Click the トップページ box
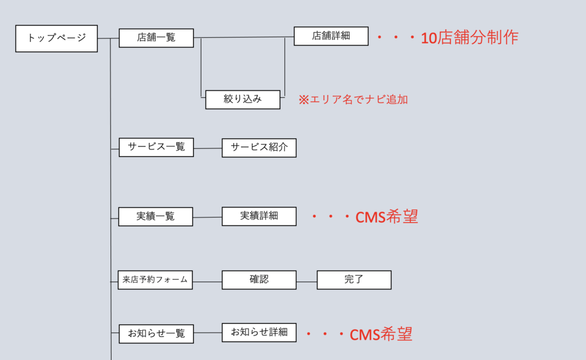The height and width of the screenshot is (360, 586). [x=57, y=38]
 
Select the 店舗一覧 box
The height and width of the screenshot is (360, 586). [x=156, y=38]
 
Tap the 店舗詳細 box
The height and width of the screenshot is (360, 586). [x=331, y=36]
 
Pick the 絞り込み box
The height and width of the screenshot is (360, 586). [x=243, y=99]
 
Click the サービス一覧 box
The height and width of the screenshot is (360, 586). [x=156, y=147]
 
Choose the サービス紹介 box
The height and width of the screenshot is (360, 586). [x=259, y=148]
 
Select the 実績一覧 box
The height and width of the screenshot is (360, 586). [x=156, y=216]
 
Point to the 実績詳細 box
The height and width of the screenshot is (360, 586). [x=259, y=216]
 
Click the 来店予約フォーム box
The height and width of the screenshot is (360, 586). [x=155, y=280]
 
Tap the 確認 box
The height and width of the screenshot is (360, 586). [x=259, y=280]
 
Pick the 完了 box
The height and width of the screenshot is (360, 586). [x=354, y=280]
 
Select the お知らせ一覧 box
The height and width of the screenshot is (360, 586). [x=156, y=334]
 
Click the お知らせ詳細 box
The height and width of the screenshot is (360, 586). [x=259, y=332]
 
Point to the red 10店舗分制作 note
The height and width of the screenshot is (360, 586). [x=469, y=38]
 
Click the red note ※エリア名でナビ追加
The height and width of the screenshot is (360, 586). [x=353, y=99]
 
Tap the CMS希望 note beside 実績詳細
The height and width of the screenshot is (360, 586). [x=386, y=217]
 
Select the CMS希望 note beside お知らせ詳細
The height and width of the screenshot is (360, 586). [x=381, y=334]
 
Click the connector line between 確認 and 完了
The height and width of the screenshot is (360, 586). [x=307, y=282]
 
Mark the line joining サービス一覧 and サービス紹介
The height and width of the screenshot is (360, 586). [x=208, y=149]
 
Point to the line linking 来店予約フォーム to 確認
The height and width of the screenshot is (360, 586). [x=207, y=282]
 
